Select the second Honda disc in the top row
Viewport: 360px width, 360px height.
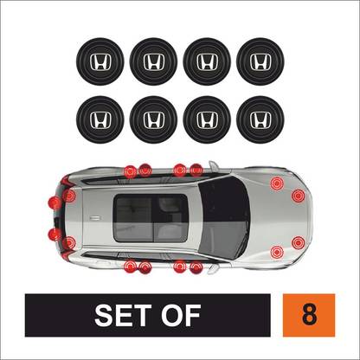pyautogui.click(x=154, y=61)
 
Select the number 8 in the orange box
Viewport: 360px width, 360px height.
pyautogui.click(x=309, y=314)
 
